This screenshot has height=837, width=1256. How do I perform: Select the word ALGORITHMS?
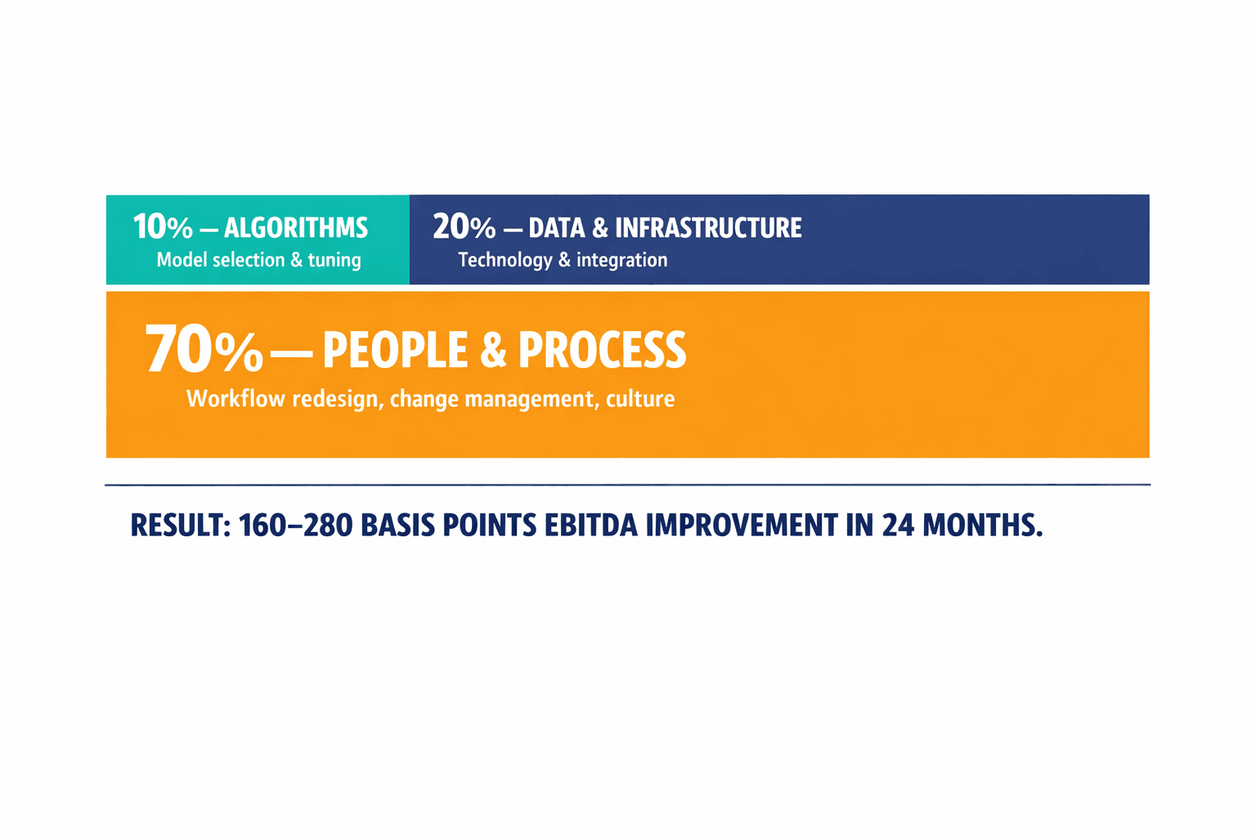(x=296, y=228)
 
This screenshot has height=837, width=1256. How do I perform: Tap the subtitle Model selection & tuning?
(x=258, y=260)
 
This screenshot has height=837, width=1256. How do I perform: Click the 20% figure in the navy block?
(x=464, y=227)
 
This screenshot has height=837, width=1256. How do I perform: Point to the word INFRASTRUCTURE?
(x=708, y=228)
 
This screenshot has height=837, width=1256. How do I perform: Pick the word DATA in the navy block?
(x=557, y=228)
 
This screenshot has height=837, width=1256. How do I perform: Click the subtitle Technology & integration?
(x=563, y=260)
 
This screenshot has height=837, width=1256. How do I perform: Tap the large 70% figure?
(x=204, y=350)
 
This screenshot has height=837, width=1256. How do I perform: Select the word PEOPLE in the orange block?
(x=396, y=351)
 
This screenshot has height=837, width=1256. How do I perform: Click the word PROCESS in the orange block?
(x=602, y=351)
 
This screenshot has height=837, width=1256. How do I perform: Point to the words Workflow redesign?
(x=283, y=399)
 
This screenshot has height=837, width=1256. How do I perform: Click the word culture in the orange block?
(x=640, y=399)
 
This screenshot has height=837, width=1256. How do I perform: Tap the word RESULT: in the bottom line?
(x=180, y=526)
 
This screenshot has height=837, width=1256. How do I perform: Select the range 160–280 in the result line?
(x=295, y=526)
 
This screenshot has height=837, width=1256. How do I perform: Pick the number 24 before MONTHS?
(x=898, y=526)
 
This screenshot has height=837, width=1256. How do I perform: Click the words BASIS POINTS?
(x=448, y=526)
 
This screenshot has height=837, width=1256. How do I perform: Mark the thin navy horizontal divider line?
(x=627, y=485)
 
